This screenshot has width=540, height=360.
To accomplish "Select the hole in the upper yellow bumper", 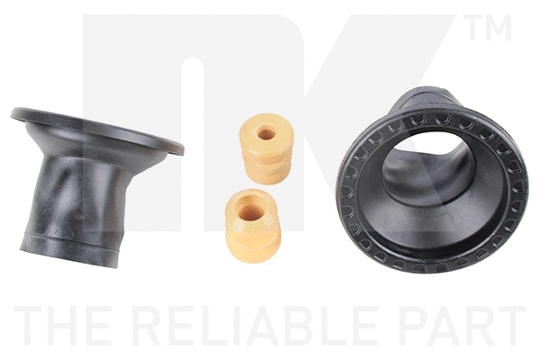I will [266, 133].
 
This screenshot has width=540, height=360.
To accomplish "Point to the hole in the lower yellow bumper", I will [250, 211].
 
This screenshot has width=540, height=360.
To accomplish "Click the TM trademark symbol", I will [490, 28].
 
